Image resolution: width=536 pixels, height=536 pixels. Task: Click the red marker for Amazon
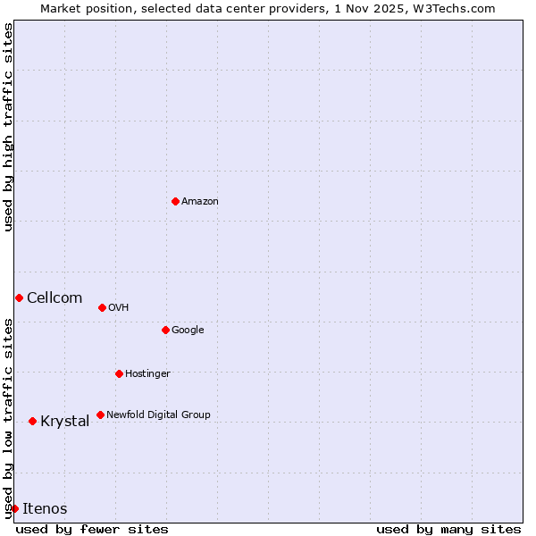(175, 201)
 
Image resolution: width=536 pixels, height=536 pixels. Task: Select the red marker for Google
(165, 330)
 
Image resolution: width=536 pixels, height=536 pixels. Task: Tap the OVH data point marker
(102, 307)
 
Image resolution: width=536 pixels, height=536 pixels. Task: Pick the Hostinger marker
(119, 373)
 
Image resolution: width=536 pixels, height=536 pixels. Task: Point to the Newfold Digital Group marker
(100, 415)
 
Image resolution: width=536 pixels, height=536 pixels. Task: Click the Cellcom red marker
(19, 297)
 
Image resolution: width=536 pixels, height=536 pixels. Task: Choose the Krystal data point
(32, 421)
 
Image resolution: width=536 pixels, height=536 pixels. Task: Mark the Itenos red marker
(14, 508)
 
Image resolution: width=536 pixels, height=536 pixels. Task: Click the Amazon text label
(200, 202)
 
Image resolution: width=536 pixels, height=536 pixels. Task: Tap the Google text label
(188, 331)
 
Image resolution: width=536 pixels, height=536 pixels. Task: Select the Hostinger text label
(147, 373)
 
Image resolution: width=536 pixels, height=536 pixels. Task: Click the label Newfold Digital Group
(158, 415)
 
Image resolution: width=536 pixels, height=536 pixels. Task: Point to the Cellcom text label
(54, 298)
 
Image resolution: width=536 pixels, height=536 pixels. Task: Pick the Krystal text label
(64, 422)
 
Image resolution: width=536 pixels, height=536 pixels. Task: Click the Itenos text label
(45, 509)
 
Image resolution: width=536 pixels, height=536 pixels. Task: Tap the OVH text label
(119, 308)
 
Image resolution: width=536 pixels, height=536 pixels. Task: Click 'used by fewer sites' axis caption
(92, 529)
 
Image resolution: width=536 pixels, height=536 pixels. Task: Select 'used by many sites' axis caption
(448, 529)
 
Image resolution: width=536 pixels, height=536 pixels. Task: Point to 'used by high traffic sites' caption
(8, 127)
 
